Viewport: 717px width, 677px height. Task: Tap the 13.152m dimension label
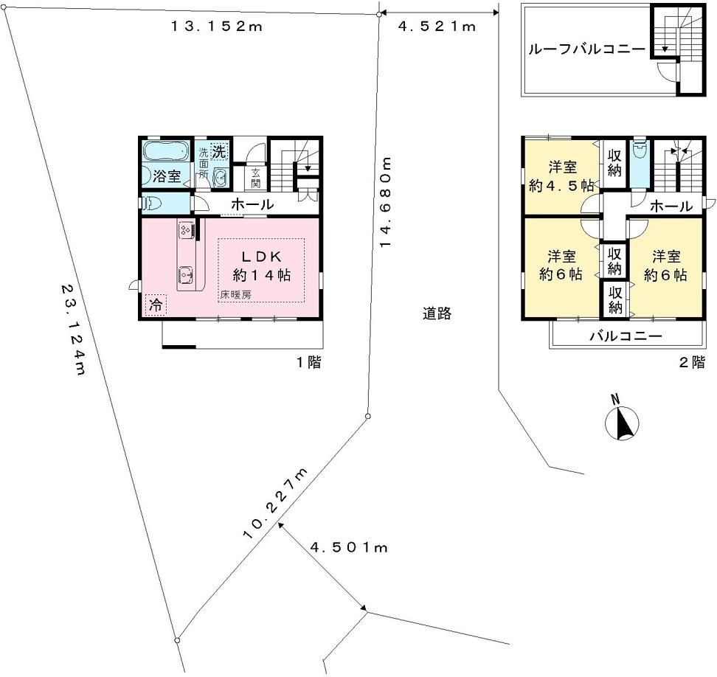[x=217, y=27]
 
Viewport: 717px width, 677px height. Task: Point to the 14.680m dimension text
[x=386, y=203]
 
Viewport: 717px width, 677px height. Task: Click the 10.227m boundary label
[x=276, y=504]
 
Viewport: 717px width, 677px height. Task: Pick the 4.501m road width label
[x=349, y=547]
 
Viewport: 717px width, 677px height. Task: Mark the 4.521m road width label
[x=437, y=27]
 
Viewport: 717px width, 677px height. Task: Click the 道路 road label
[x=437, y=313]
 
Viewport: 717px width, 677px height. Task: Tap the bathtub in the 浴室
[x=166, y=150]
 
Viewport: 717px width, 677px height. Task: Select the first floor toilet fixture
[x=151, y=204]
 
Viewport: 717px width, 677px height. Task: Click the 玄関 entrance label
[x=255, y=178]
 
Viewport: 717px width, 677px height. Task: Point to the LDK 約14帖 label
[x=262, y=265]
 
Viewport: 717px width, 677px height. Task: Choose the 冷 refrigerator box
[x=156, y=305]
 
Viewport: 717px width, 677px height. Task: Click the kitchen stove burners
[x=186, y=229]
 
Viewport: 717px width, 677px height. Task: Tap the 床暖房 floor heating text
[x=235, y=295]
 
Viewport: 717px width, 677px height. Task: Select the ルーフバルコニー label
[x=586, y=49]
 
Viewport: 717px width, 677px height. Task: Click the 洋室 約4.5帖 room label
[x=562, y=176]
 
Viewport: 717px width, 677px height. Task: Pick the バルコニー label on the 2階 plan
[x=626, y=337]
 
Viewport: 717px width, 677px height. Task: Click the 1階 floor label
[x=309, y=363]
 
